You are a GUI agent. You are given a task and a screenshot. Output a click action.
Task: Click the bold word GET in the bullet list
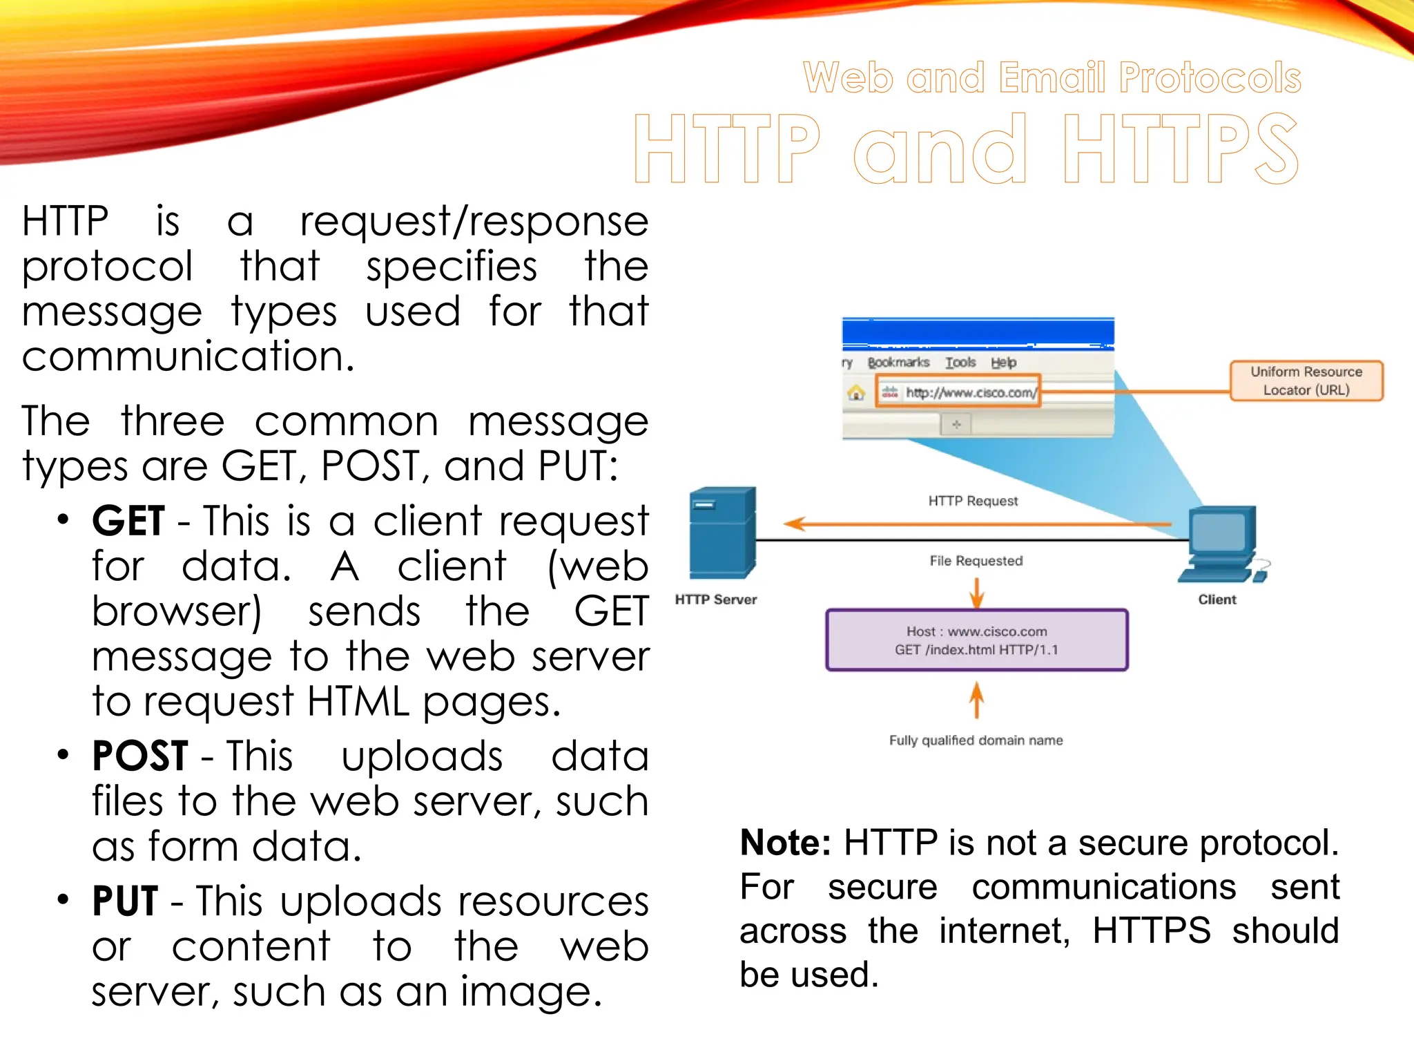pyautogui.click(x=128, y=521)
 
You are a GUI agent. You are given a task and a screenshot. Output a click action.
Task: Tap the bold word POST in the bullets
pyautogui.click(x=140, y=756)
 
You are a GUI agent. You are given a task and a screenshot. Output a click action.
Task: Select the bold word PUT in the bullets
pyautogui.click(x=125, y=901)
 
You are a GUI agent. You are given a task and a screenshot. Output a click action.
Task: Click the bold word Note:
pyautogui.click(x=785, y=843)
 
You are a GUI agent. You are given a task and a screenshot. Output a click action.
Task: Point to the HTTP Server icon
pyautogui.click(x=722, y=533)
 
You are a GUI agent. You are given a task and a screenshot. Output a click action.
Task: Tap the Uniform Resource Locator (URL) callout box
pyautogui.click(x=1306, y=381)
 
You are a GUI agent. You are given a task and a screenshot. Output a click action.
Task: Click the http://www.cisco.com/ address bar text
pyautogui.click(x=971, y=392)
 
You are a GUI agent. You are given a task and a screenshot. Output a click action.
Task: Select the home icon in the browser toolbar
pyautogui.click(x=856, y=393)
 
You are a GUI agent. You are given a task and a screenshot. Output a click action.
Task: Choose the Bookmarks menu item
pyautogui.click(x=898, y=363)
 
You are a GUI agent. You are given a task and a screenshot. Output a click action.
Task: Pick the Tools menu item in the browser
pyautogui.click(x=960, y=363)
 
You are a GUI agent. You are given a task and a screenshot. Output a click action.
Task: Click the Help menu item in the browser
pyautogui.click(x=1003, y=363)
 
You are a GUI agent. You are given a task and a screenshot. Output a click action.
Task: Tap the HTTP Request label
pyautogui.click(x=973, y=501)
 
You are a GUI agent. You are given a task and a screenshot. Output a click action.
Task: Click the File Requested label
pyautogui.click(x=976, y=561)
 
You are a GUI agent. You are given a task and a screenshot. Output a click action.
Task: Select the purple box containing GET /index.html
pyautogui.click(x=976, y=640)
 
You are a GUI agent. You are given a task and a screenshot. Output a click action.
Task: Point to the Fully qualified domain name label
pyautogui.click(x=976, y=740)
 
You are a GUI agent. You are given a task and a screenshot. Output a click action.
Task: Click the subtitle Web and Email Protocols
pyautogui.click(x=1052, y=77)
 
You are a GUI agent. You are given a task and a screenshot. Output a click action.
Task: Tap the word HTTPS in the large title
pyautogui.click(x=1181, y=149)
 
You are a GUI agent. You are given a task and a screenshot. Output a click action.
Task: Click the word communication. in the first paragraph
pyautogui.click(x=188, y=357)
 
